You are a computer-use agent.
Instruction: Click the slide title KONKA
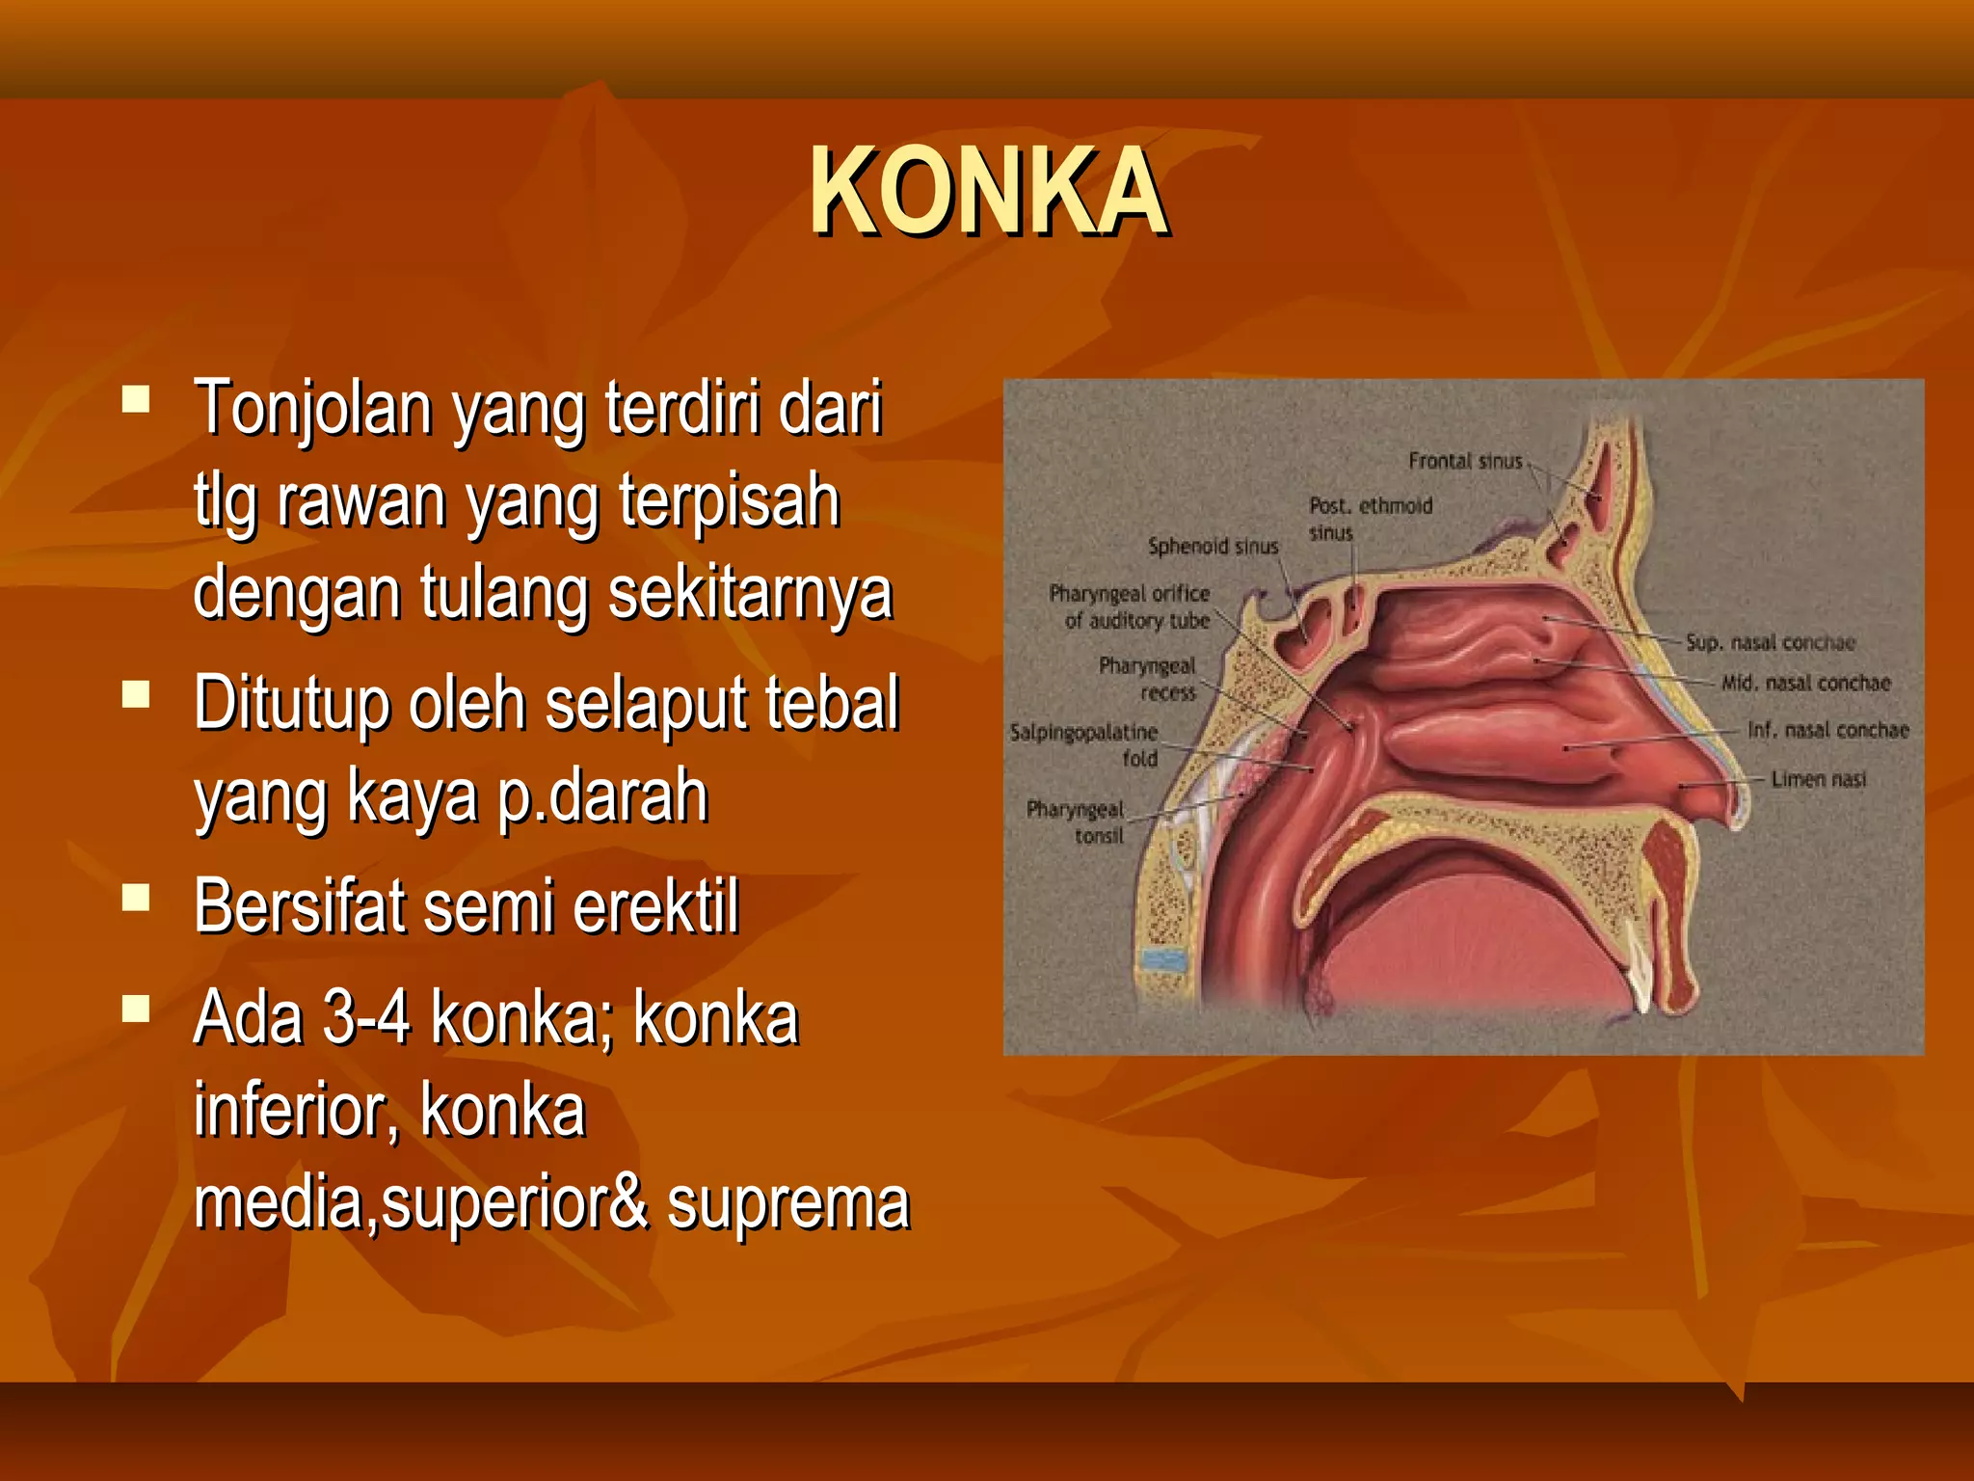point(988,192)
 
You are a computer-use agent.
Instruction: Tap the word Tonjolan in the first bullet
point(312,409)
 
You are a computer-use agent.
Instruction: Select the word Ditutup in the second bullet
point(291,704)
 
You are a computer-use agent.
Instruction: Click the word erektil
point(656,907)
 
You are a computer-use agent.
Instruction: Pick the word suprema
point(787,1203)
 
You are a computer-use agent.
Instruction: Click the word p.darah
point(602,796)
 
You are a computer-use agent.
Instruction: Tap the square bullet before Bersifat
point(137,898)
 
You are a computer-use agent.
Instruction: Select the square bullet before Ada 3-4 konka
point(137,1009)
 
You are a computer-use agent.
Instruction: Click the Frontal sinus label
point(1464,462)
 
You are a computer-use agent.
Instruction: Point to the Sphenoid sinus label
point(1213,547)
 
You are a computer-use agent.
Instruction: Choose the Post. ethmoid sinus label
point(1370,519)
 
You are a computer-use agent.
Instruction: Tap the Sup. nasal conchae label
point(1770,643)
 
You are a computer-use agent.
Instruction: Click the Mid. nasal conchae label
point(1805,684)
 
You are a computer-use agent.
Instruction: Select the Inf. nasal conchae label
point(1827,731)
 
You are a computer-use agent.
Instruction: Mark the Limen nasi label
point(1818,779)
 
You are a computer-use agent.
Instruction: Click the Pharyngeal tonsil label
point(1076,822)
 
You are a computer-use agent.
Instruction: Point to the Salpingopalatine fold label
point(1083,745)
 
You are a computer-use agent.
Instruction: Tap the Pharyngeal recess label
point(1147,679)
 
